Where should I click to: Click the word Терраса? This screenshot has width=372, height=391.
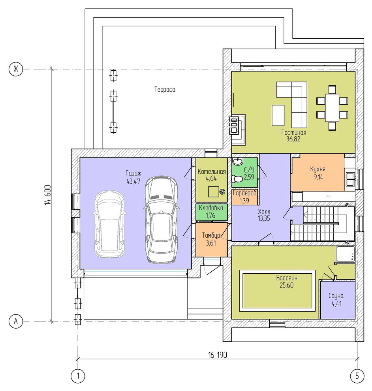coord(165,89)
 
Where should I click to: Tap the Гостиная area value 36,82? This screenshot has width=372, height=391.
coord(293,139)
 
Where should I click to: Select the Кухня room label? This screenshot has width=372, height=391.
coord(318,169)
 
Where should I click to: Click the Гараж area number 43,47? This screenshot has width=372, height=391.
coord(133,181)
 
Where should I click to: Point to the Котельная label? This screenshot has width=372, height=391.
coord(211,171)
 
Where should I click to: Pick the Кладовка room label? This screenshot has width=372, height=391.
coord(211,208)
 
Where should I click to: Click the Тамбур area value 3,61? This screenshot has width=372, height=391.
coord(211,243)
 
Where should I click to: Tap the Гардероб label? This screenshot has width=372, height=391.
coord(244,193)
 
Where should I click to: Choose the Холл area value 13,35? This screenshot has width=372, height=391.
coord(264,218)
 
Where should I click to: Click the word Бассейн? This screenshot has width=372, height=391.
coord(286,278)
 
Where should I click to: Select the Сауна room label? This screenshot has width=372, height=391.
coord(336,296)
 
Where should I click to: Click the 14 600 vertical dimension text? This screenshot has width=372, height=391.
coord(48,195)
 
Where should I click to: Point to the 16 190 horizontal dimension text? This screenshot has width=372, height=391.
coord(218,355)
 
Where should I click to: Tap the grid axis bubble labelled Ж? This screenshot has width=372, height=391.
coord(16,69)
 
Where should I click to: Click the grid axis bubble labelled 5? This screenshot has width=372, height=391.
coord(357,376)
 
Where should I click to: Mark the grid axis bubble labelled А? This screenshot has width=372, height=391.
coord(16,321)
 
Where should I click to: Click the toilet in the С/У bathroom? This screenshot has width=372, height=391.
coord(237,179)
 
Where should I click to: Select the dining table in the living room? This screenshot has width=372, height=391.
coord(332,108)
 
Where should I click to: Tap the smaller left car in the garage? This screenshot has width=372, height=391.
coord(109,224)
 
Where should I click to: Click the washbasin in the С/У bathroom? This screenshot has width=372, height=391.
coord(238,162)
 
